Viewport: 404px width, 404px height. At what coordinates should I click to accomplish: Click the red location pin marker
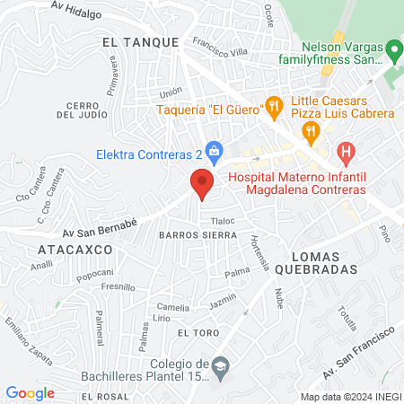[202, 183]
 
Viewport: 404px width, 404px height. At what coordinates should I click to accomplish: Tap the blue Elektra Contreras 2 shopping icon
[214, 150]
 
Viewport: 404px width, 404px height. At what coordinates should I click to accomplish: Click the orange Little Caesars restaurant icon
[311, 133]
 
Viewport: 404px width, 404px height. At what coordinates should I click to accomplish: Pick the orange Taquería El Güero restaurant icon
[275, 109]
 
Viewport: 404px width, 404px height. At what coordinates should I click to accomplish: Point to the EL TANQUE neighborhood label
[136, 41]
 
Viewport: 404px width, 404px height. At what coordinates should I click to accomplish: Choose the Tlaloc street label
[222, 220]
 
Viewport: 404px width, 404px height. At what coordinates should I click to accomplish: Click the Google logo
[30, 392]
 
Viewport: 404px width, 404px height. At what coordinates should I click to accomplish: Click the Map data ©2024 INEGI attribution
[350, 396]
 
